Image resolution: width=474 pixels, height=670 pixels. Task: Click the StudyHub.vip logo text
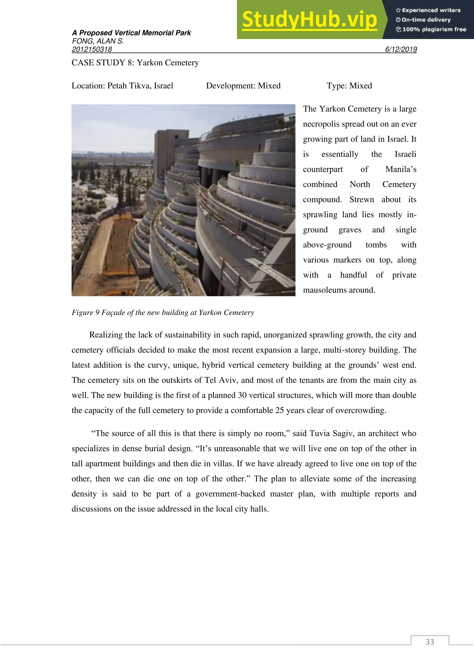[x=309, y=20]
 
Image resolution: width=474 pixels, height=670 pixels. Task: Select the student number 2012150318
[x=92, y=49]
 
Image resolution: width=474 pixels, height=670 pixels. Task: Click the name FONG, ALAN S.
[x=98, y=41]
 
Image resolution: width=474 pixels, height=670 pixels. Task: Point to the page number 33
[x=430, y=642]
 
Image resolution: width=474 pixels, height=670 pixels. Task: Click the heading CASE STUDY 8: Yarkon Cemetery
[x=135, y=63]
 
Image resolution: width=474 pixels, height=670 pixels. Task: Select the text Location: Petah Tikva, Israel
[x=122, y=86]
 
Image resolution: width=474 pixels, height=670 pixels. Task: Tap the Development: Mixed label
[x=243, y=86]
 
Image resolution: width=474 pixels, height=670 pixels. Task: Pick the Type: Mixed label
[x=349, y=86]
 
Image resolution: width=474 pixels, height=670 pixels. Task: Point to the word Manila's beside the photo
[x=401, y=169]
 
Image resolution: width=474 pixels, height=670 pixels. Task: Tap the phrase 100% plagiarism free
[x=434, y=29]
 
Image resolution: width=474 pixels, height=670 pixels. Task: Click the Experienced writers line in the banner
[x=431, y=10]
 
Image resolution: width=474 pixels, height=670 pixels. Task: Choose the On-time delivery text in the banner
[x=426, y=20]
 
